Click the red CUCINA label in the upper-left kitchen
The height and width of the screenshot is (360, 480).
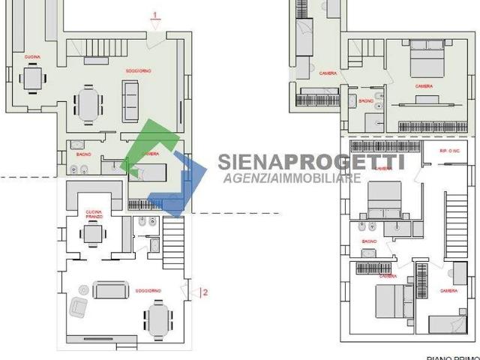point(31,57)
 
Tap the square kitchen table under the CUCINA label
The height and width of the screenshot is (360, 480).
point(31,78)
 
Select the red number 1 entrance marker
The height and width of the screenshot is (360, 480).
point(154,14)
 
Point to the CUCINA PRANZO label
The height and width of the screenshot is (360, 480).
point(93,212)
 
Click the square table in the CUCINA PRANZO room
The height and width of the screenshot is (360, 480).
point(91,235)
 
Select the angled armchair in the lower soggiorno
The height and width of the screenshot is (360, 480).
point(79,307)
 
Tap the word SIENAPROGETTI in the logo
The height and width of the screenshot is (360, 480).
point(300,162)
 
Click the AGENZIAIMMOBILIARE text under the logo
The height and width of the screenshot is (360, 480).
point(292,178)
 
